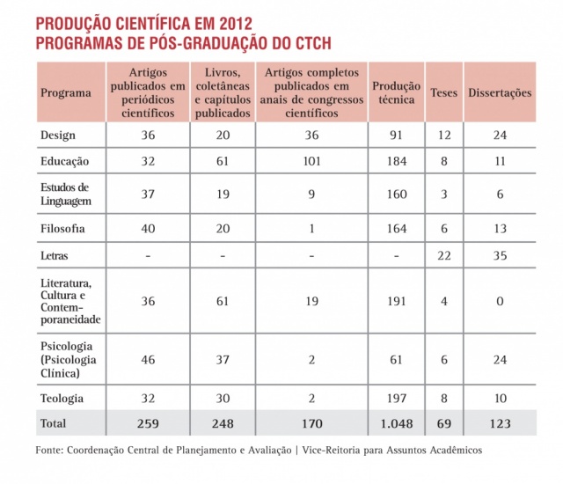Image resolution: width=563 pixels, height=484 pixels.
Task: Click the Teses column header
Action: pyautogui.click(x=444, y=92)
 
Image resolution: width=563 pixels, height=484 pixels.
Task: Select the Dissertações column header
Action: pyautogui.click(x=500, y=92)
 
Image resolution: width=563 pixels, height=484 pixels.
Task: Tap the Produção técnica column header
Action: pyautogui.click(x=397, y=92)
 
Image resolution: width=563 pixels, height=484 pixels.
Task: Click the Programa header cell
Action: pyautogui.click(x=66, y=92)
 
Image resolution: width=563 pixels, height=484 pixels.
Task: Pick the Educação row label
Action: pyautogui.click(x=65, y=162)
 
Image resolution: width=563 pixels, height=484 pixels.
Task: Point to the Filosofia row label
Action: pyautogui.click(x=63, y=228)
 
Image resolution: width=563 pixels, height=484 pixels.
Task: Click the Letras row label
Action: pyautogui.click(x=55, y=256)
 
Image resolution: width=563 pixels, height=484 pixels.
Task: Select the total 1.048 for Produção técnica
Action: pyautogui.click(x=397, y=423)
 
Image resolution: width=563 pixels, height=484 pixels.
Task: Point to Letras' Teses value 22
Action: pyautogui.click(x=444, y=256)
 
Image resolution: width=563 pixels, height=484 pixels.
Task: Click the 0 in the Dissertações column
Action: pyautogui.click(x=500, y=301)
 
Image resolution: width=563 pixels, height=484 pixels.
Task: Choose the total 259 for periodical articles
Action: pyautogui.click(x=148, y=423)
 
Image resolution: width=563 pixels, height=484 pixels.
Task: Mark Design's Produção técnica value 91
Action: pyautogui.click(x=397, y=135)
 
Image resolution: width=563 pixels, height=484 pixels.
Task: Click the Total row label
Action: pyautogui.click(x=54, y=423)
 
